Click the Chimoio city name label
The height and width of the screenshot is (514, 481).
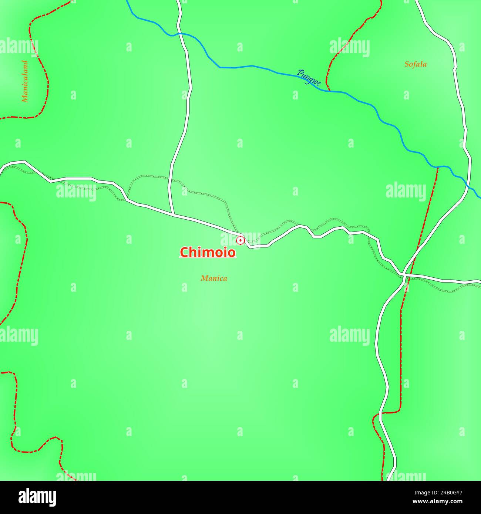click(208, 252)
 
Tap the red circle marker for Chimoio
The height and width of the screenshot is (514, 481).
click(240, 241)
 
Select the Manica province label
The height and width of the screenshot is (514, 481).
click(214, 278)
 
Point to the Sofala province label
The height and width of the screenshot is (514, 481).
click(415, 64)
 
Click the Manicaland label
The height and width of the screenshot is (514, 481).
click(25, 81)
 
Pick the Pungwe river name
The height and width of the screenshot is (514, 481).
click(309, 78)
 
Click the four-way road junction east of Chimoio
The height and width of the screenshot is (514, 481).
click(405, 275)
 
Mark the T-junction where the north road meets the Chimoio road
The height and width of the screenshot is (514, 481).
click(173, 214)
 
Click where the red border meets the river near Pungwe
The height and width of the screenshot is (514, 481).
click(329, 91)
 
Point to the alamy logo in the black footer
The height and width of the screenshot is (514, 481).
click(37, 497)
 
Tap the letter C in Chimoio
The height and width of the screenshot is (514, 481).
click(184, 252)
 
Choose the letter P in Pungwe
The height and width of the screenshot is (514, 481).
click(300, 73)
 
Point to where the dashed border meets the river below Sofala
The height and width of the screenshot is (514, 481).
click(437, 167)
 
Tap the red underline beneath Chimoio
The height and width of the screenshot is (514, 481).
click(208, 258)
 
